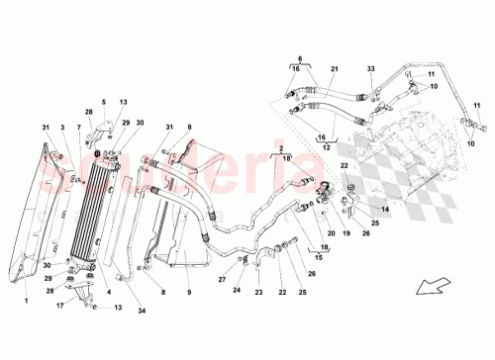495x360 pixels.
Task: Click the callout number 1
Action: [27, 293]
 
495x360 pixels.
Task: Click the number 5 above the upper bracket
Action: [102, 102]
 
